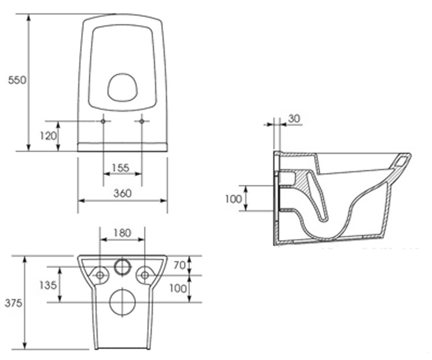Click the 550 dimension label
pyautogui.click(x=17, y=80)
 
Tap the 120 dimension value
pyautogui.click(x=48, y=136)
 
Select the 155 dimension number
pyautogui.click(x=121, y=168)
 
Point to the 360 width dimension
pyautogui.click(x=122, y=193)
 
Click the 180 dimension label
pyautogui.click(x=122, y=233)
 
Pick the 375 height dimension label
pyautogui.click(x=13, y=303)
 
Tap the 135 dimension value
pyautogui.click(x=48, y=285)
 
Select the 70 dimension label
pyautogui.click(x=180, y=265)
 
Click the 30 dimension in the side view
pyautogui.click(x=294, y=118)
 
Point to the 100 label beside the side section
pyautogui.click(x=234, y=199)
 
